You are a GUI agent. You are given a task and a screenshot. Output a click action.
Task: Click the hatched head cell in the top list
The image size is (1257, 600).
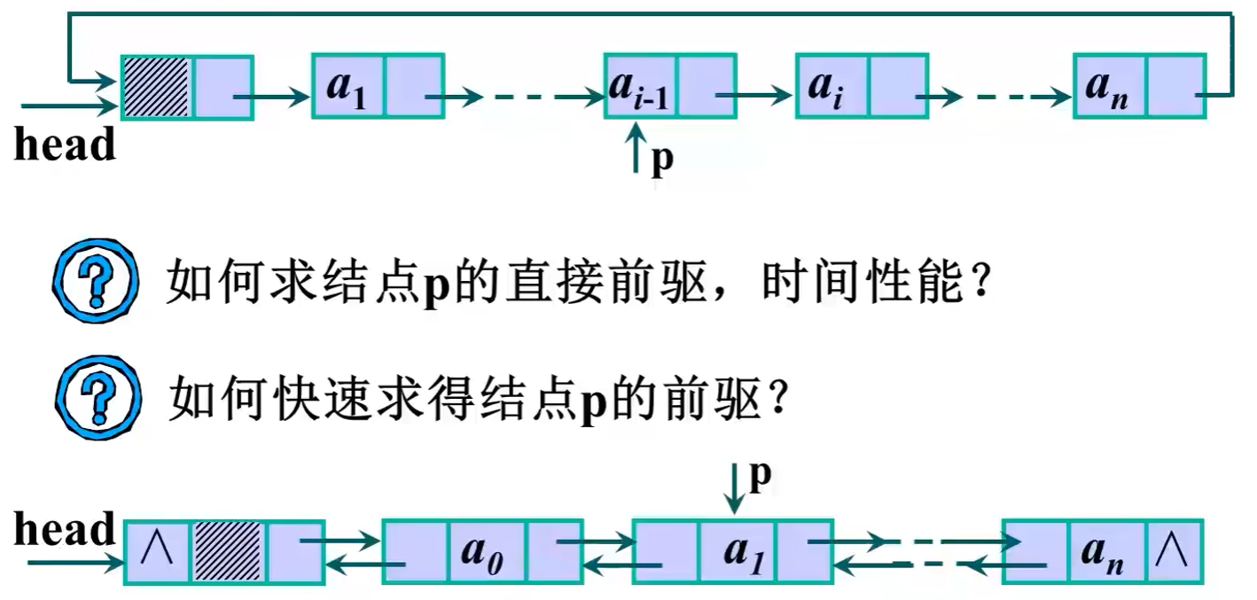(x=157, y=87)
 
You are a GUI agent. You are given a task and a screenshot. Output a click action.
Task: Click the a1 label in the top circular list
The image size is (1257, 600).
(x=347, y=87)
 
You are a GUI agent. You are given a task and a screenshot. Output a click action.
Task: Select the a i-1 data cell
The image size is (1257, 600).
(x=640, y=87)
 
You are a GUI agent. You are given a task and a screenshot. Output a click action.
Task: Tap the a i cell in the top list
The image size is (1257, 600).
(x=831, y=87)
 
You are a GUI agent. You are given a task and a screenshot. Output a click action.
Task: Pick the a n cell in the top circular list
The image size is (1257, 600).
(x=1108, y=87)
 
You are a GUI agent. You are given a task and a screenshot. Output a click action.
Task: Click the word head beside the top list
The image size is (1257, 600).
(x=65, y=145)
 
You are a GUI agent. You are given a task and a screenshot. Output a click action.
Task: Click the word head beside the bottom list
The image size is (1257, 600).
(x=65, y=529)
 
